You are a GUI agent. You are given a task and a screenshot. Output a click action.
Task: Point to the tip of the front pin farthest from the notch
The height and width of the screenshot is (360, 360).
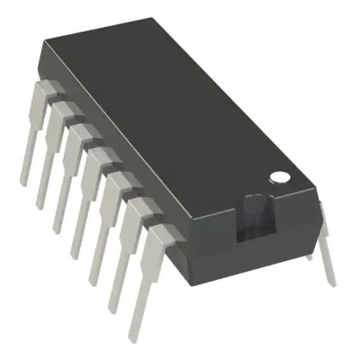24,181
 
